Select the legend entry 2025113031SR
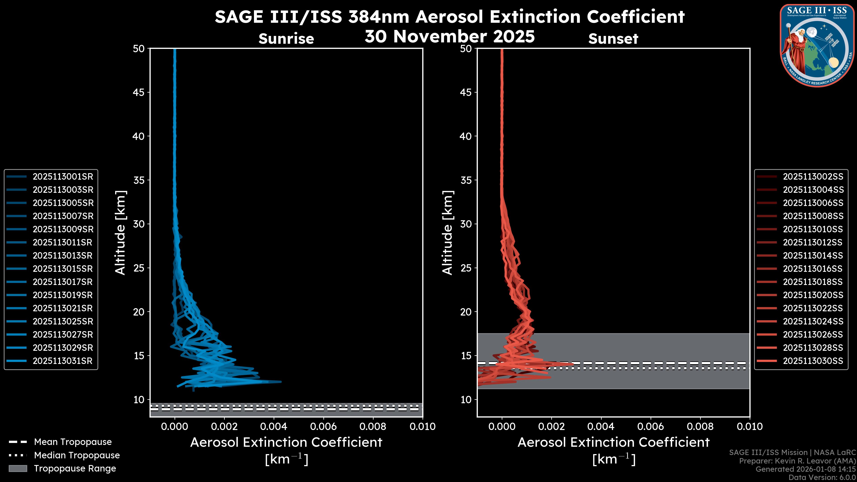(62, 361)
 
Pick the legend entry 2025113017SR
(62, 282)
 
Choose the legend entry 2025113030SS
(813, 361)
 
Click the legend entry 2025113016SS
(813, 269)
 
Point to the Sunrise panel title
(286, 39)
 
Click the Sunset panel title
(613, 39)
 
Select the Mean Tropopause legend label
(73, 442)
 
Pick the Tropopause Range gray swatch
(18, 469)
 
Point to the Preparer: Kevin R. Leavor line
(797, 461)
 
